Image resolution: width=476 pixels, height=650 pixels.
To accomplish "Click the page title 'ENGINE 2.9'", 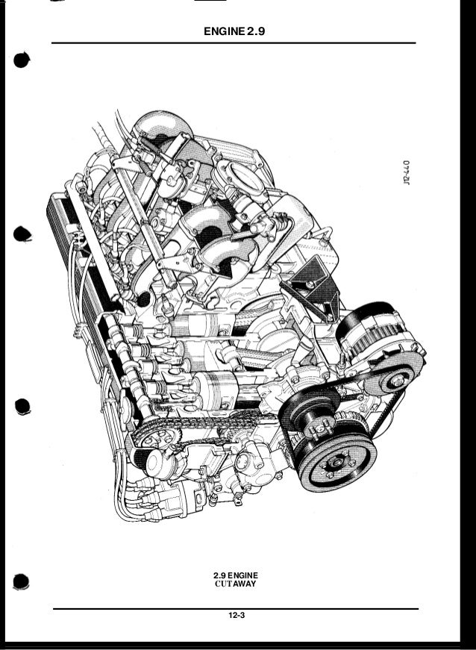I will point(234,32).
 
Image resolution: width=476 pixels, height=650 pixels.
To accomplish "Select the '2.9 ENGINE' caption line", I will point(235,575).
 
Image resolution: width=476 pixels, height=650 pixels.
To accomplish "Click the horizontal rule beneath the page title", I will point(234,43).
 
